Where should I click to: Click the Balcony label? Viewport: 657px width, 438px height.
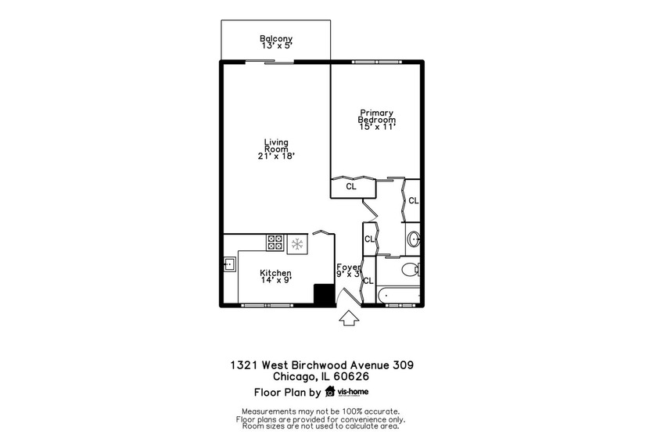click(x=275, y=38)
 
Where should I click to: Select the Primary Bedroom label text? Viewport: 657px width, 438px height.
click(x=376, y=116)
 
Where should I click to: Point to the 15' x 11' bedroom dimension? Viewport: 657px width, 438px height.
click(x=376, y=127)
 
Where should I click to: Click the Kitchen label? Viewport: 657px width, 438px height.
click(x=275, y=273)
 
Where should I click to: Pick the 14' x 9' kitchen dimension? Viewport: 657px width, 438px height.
click(x=275, y=281)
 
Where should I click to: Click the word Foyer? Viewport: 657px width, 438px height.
click(x=348, y=267)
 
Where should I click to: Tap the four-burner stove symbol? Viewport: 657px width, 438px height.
click(x=275, y=243)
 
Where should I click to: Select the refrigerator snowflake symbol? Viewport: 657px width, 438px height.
click(x=297, y=244)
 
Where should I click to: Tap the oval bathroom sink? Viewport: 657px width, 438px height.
click(x=415, y=239)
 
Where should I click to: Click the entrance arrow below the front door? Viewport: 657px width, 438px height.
click(x=348, y=318)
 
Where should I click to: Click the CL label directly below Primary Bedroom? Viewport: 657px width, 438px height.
click(x=351, y=187)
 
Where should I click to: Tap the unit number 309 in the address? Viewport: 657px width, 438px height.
click(x=402, y=364)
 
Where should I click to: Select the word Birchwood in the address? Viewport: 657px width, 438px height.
click(x=320, y=364)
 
